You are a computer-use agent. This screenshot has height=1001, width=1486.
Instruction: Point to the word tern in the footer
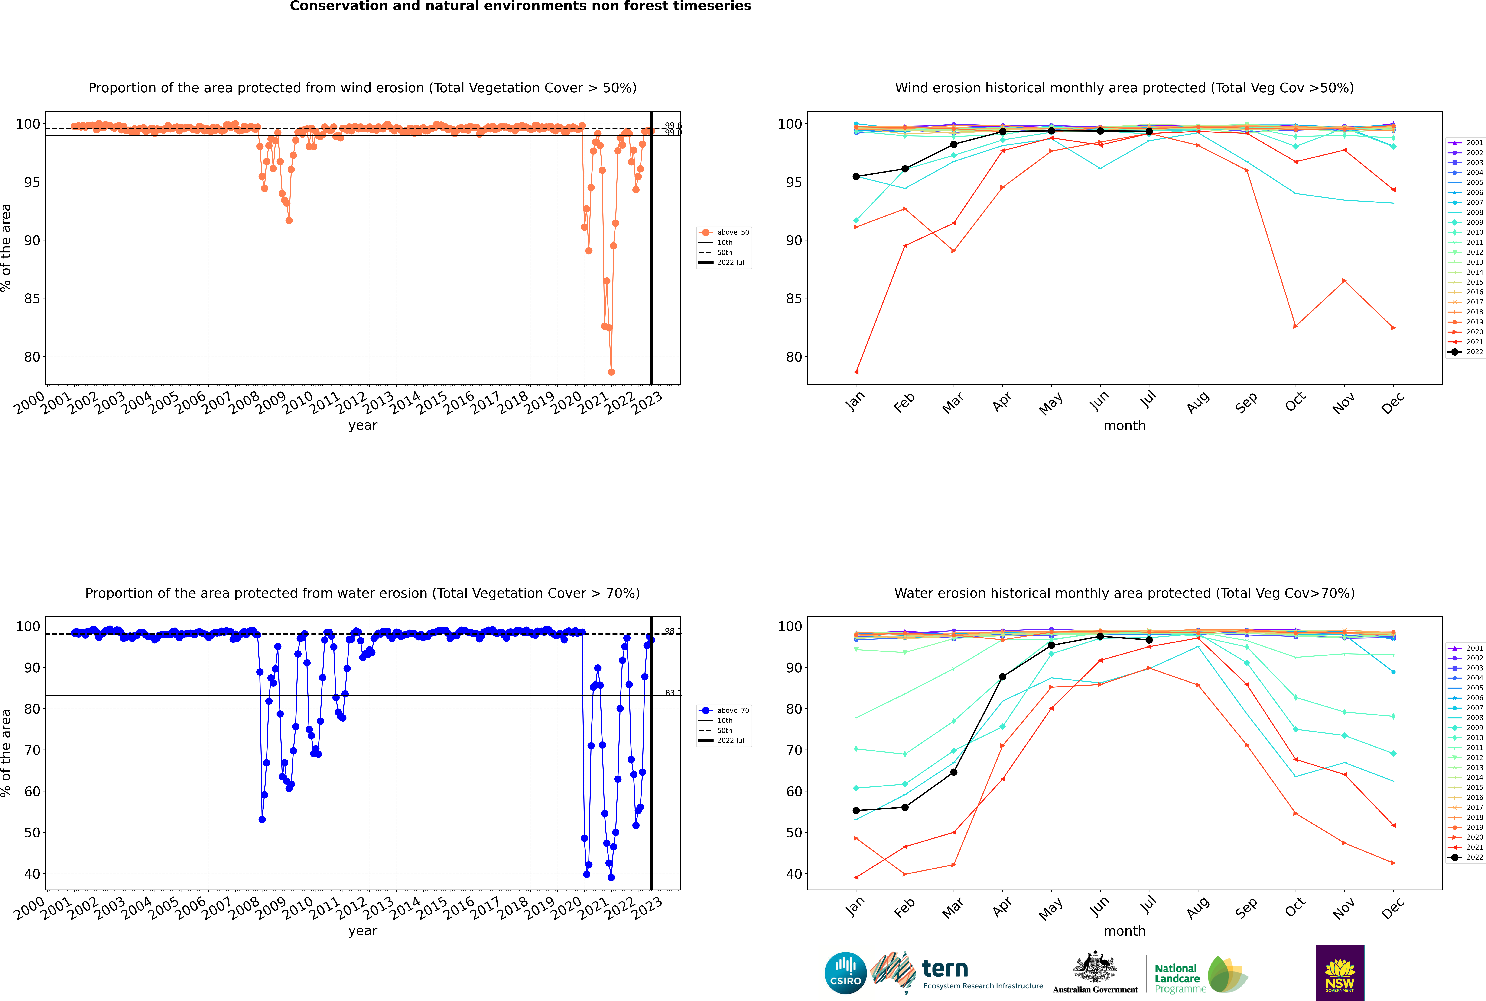(x=945, y=969)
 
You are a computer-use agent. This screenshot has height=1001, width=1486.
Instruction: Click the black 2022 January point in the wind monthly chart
(x=856, y=177)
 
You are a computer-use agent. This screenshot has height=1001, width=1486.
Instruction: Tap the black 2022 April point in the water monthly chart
(x=1002, y=677)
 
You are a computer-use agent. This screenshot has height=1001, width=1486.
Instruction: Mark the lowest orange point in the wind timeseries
(x=611, y=372)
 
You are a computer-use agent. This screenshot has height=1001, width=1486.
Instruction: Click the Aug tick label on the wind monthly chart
(x=1197, y=402)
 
